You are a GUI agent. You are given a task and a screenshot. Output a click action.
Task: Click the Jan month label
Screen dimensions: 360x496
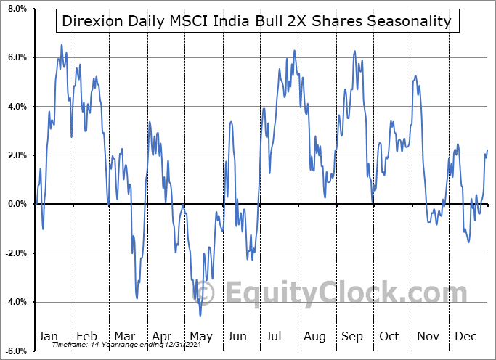coord(47,336)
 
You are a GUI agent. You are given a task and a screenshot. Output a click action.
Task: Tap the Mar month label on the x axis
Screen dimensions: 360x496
coord(125,336)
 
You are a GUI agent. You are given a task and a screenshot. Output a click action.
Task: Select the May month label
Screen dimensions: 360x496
coord(200,336)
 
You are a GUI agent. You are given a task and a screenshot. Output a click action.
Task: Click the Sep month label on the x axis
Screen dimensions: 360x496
coord(352,336)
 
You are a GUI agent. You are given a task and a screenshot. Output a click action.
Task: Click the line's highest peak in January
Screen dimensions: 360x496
coord(61,45)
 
